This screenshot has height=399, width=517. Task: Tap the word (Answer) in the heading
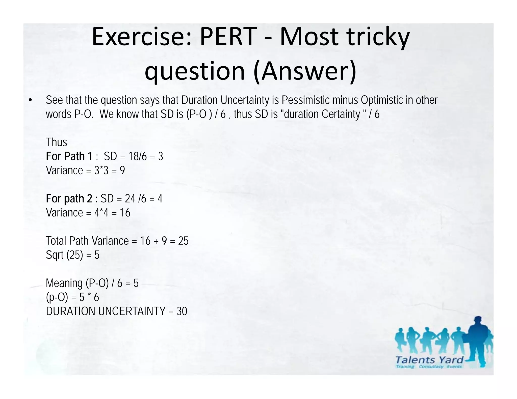point(305,71)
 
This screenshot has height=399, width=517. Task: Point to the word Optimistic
point(382,100)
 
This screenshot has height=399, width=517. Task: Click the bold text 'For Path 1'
point(69,156)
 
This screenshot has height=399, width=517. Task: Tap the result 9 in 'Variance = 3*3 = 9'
point(122,170)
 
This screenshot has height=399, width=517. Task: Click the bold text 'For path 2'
point(69,199)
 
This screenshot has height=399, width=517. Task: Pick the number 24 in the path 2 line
point(130,199)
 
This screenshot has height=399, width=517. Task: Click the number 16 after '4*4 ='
point(125,213)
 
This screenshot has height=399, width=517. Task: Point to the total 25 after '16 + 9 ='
point(183,241)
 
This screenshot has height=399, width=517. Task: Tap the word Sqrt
point(55,255)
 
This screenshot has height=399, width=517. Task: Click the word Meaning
point(64,283)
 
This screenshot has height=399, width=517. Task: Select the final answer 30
point(182,311)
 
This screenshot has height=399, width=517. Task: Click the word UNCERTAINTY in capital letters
point(132,311)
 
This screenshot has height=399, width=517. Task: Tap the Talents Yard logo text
point(429,360)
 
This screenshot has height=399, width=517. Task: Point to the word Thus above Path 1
point(57,142)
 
